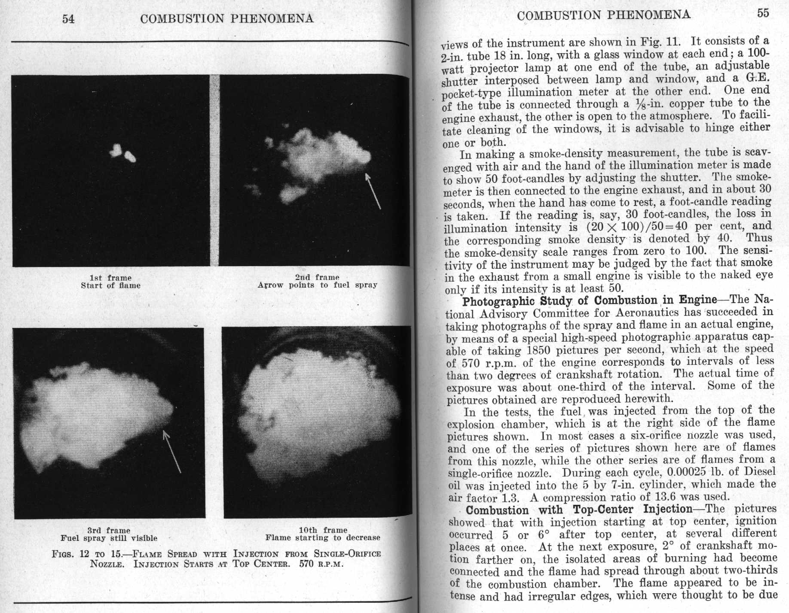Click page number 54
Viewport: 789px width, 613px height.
point(68,19)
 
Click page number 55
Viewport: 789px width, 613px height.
point(763,13)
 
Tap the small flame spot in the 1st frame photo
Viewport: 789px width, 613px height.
point(123,153)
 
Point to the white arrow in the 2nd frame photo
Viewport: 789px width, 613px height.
point(373,191)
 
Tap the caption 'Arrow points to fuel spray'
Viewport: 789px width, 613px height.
point(317,285)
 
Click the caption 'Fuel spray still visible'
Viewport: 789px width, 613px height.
point(109,538)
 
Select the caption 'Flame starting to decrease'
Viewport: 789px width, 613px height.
point(323,537)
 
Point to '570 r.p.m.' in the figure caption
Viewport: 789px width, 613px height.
point(321,563)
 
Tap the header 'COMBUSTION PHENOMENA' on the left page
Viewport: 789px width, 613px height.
point(227,19)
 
